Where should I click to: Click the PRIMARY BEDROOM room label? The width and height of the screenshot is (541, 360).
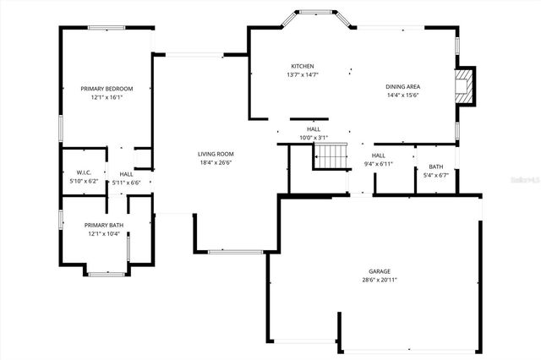[107, 89]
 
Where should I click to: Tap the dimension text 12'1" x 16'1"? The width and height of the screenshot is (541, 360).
[107, 97]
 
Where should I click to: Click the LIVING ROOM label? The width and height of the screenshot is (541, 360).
[216, 154]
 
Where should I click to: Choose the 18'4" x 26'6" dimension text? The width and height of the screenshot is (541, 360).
[216, 162]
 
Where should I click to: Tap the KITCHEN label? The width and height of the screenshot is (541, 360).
[303, 66]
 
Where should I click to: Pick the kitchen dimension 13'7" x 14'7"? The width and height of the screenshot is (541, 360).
[303, 74]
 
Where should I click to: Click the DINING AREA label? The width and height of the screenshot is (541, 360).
[403, 86]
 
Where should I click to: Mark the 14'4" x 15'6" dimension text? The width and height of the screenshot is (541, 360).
[403, 95]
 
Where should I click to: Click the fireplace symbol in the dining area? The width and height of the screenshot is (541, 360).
[462, 85]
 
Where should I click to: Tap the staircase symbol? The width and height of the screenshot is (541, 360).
[331, 156]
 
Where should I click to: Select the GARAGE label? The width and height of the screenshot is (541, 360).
[379, 271]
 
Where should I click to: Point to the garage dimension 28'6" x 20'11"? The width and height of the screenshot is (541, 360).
[379, 280]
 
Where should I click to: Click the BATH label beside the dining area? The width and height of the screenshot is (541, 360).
[435, 166]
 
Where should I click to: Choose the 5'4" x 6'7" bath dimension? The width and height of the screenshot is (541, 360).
[435, 176]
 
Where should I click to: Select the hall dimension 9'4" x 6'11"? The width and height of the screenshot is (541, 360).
[379, 163]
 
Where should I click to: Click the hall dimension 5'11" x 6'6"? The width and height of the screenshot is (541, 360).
[126, 182]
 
